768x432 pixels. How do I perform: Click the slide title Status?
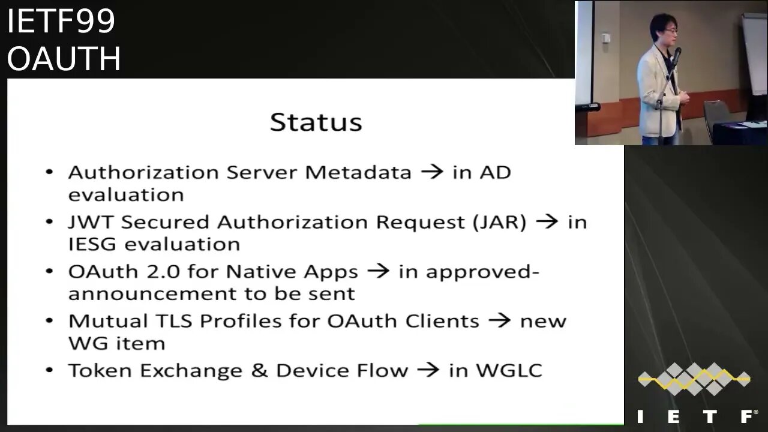pyautogui.click(x=316, y=122)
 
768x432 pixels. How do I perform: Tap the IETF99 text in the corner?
pyautogui.click(x=61, y=22)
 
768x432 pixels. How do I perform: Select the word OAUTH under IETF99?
pyautogui.click(x=64, y=59)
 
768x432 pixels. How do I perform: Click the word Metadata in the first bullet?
pyautogui.click(x=358, y=173)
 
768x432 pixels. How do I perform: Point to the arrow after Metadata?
pyautogui.click(x=432, y=173)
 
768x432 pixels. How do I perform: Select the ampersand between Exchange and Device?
pyautogui.click(x=260, y=370)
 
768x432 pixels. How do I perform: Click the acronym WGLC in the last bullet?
pyautogui.click(x=509, y=370)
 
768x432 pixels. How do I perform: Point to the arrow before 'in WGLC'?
pyautogui.click(x=428, y=370)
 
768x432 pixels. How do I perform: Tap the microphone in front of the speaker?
pyautogui.click(x=676, y=57)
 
